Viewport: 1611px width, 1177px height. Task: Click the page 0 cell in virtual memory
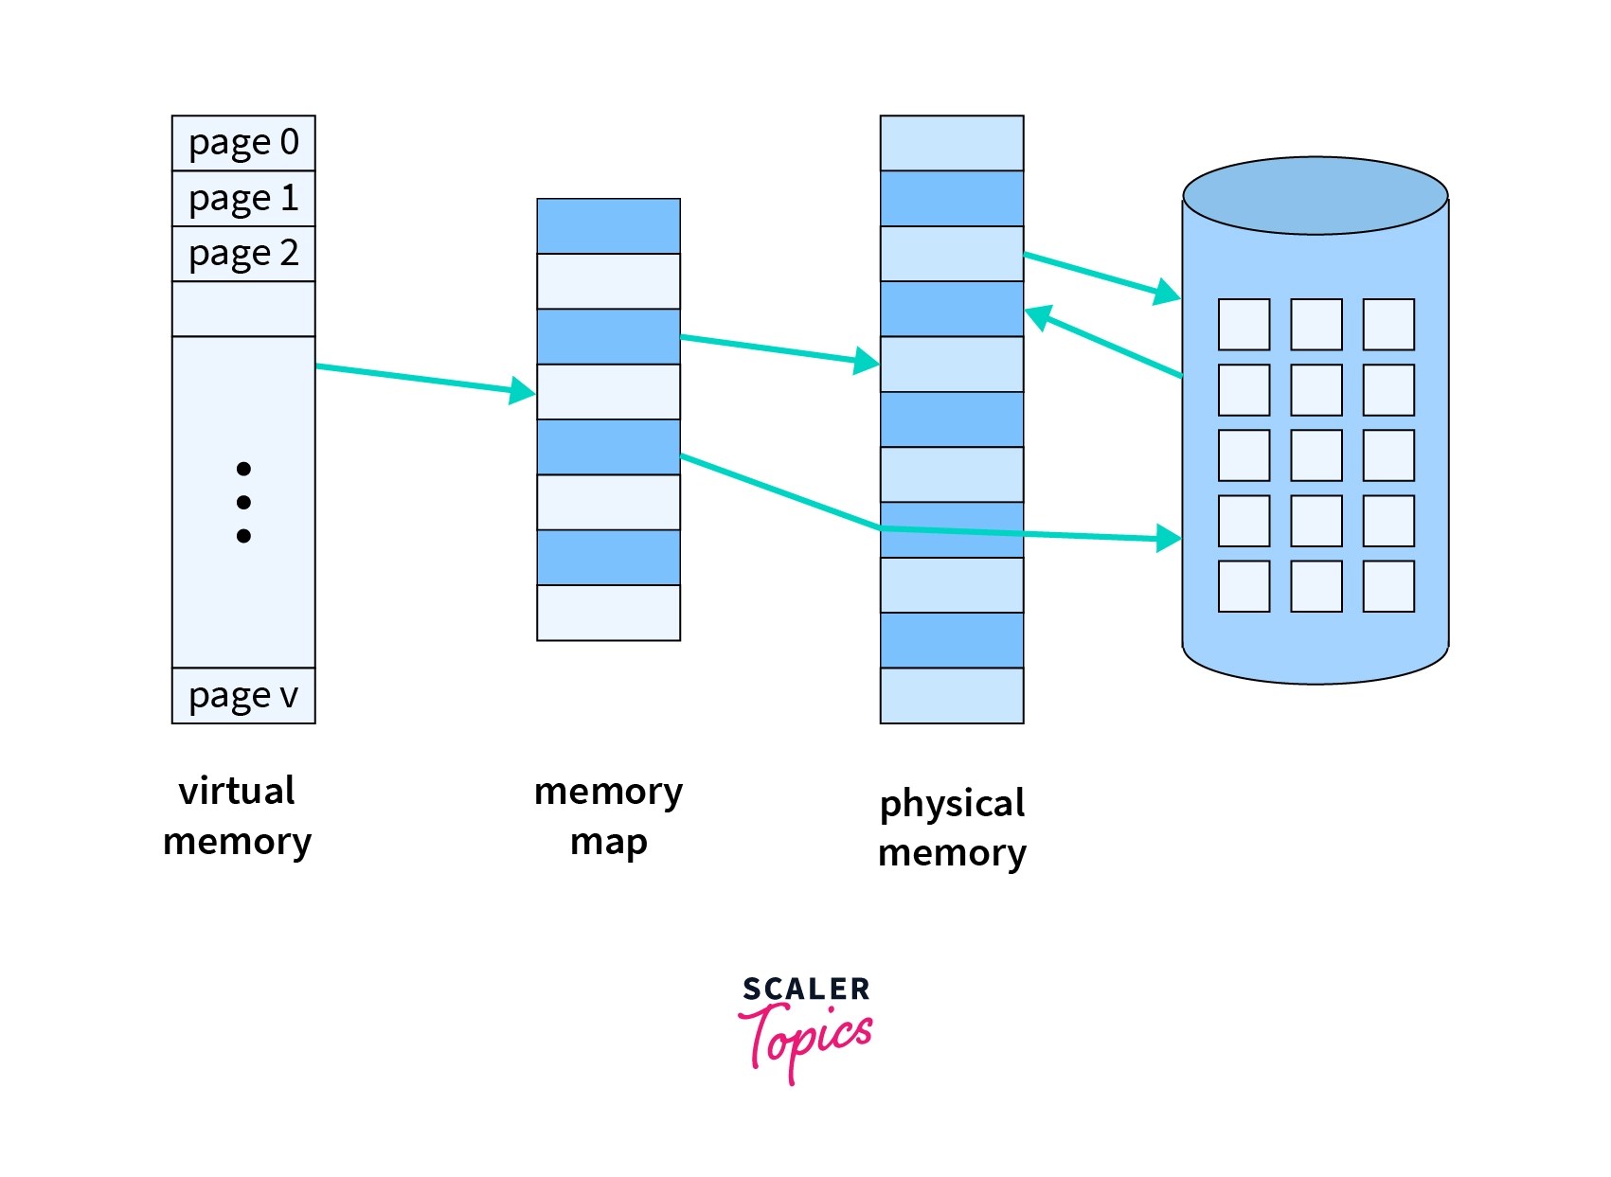[243, 143]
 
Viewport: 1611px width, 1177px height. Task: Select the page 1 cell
[243, 199]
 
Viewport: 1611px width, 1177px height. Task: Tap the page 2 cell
[243, 254]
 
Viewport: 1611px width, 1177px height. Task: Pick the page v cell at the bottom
[243, 696]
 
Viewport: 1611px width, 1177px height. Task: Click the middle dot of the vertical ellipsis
[243, 503]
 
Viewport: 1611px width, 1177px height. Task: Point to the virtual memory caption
[237, 815]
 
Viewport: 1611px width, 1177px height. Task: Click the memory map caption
[608, 815]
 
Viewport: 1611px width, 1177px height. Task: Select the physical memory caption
[952, 828]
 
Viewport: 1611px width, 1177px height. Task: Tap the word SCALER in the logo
[806, 990]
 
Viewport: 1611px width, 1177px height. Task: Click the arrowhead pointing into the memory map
[523, 390]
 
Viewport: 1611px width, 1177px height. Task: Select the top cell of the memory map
[608, 226]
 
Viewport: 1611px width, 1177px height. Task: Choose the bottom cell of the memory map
[608, 613]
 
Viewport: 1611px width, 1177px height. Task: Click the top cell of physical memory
[952, 143]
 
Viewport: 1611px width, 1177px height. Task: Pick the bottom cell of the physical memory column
[952, 696]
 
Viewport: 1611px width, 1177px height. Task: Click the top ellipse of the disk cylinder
[1316, 196]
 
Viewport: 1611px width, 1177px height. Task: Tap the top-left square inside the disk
[1244, 325]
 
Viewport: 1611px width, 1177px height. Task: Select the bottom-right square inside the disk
[1388, 586]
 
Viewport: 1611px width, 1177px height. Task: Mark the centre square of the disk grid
[1316, 455]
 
